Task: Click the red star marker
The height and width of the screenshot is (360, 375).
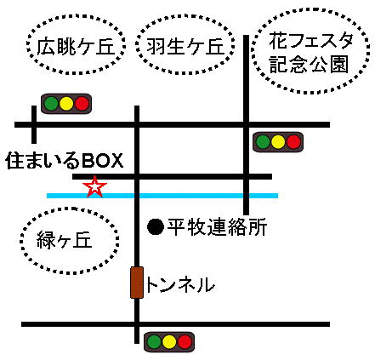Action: coord(94,186)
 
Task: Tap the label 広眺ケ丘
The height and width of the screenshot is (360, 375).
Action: coord(76,46)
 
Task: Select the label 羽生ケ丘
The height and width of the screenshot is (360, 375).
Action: coord(185,46)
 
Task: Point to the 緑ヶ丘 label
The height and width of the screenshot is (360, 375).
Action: coord(65,240)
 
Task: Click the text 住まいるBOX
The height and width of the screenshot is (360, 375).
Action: coord(65,161)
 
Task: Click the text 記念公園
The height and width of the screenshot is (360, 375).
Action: coord(309,64)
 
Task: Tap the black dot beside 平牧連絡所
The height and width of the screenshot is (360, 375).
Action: coord(156,226)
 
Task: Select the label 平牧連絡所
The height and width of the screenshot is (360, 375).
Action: coord(217,227)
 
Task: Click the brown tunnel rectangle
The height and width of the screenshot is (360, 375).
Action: coord(137,283)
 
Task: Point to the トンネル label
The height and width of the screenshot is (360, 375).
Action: coord(180,285)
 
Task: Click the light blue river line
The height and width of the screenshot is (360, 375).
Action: coord(162,196)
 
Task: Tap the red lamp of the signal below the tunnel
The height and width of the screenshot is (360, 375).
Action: coord(185,342)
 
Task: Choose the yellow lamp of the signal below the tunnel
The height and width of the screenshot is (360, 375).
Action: coord(169,342)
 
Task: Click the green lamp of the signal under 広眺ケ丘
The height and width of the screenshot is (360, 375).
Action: coord(52,104)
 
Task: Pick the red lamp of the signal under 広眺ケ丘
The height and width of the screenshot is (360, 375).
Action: coord(82,104)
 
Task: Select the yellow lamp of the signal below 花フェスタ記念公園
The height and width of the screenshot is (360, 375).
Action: coord(278,142)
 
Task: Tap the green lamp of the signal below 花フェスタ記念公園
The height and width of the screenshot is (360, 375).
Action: coord(263,142)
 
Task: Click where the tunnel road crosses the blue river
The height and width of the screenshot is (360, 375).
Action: coord(137,196)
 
